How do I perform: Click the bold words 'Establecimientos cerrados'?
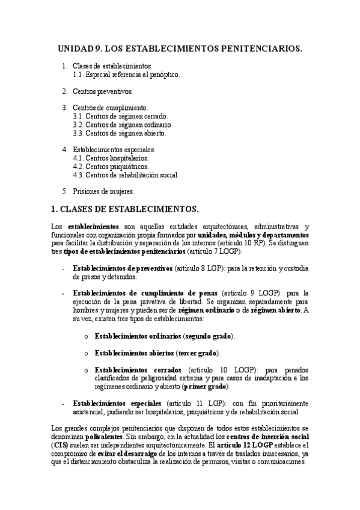pos(138,369)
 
